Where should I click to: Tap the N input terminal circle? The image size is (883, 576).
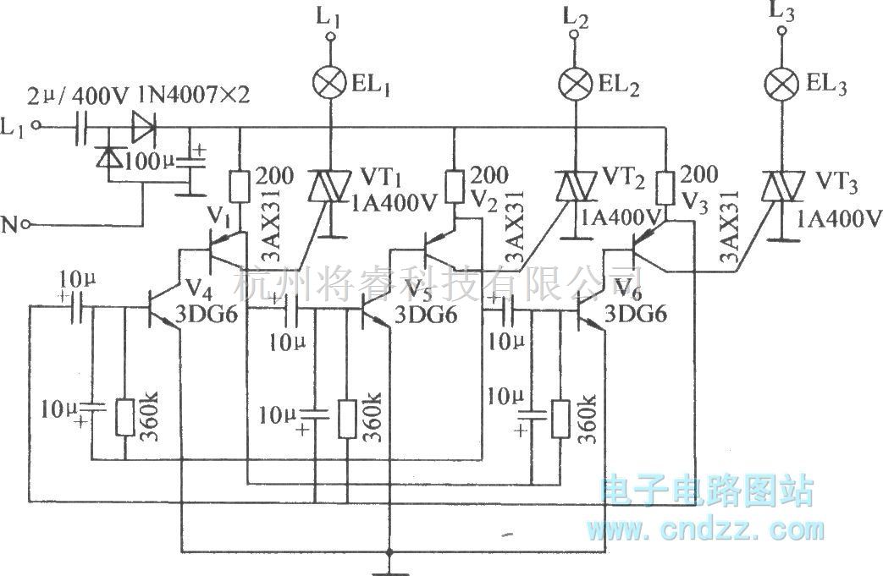[x=28, y=224]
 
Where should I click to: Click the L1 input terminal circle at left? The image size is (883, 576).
[x=36, y=128]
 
